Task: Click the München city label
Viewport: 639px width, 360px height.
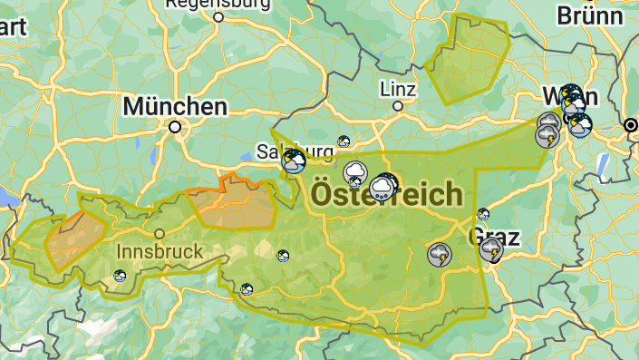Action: [175, 106]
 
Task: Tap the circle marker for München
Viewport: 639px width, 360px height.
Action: [175, 128]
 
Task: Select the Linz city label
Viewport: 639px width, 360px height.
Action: [398, 89]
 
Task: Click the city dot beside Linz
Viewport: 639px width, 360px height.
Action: [397, 106]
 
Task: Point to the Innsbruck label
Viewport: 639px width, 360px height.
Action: [158, 249]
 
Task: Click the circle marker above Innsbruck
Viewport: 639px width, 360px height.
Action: [159, 233]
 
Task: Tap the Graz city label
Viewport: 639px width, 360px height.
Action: [494, 238]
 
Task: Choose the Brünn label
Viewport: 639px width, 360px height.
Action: [590, 15]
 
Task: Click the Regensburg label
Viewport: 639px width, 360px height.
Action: [218, 5]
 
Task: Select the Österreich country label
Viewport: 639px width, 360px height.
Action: [387, 194]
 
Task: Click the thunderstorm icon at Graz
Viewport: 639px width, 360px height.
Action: [492, 249]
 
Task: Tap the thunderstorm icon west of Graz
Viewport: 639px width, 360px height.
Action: [440, 254]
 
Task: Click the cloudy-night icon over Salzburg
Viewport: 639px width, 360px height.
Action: [294, 161]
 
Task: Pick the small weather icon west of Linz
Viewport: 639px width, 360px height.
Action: [344, 141]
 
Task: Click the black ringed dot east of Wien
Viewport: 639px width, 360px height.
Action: [631, 124]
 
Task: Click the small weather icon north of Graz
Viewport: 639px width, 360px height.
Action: [483, 215]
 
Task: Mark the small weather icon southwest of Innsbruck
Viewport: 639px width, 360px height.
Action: [120, 276]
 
